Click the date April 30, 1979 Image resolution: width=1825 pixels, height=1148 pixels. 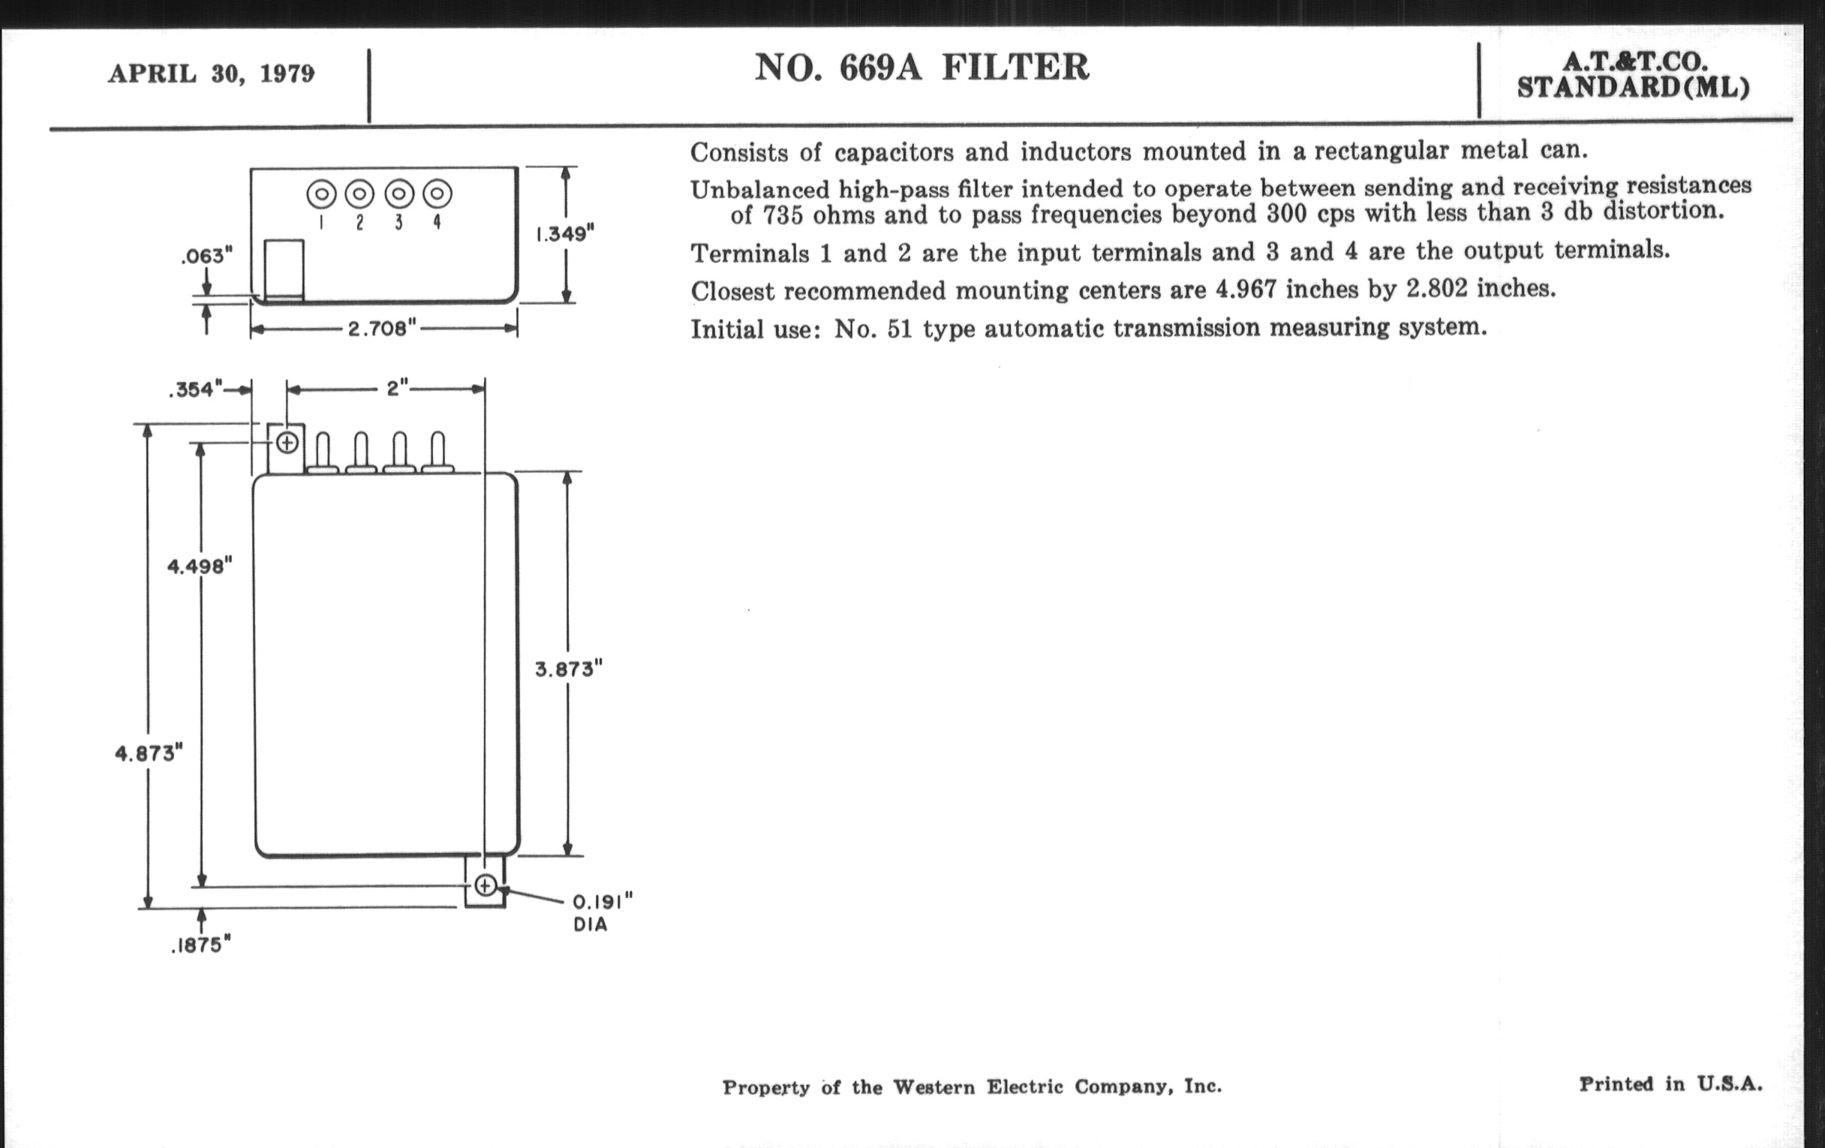212,74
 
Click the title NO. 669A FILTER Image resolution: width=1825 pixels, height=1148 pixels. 922,67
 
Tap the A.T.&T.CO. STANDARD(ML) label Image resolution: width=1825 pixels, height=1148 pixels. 1633,75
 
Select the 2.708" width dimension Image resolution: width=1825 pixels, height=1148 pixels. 382,329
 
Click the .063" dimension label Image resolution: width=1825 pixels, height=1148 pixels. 206,256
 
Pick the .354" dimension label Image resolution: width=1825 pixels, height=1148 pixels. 196,389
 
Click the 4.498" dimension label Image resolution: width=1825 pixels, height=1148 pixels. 200,566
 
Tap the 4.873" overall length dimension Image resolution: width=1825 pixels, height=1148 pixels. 149,753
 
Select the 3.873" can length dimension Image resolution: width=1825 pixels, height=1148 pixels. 568,669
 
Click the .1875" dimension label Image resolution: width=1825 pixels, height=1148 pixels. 200,945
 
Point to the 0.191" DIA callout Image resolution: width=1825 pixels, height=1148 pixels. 602,912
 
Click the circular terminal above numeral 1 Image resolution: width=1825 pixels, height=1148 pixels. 321,194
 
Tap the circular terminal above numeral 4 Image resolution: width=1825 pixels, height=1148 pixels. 437,194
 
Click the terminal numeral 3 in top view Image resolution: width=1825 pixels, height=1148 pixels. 398,222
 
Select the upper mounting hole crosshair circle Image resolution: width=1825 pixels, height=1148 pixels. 287,443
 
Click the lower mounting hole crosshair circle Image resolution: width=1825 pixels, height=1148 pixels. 486,885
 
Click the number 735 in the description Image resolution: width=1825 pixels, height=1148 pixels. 782,216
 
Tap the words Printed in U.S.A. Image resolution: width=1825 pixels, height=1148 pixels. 1670,1084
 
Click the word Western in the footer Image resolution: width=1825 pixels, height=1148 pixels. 935,1087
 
